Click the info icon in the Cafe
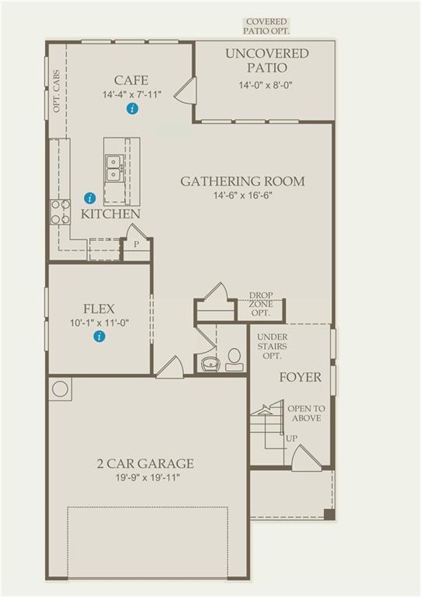click(x=132, y=109)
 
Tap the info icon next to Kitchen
click(x=90, y=198)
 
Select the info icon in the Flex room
click(x=99, y=337)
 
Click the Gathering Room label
click(x=242, y=181)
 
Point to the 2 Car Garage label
click(x=146, y=463)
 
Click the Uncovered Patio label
click(x=267, y=60)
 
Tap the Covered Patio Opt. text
click(x=266, y=26)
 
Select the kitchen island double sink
click(x=113, y=168)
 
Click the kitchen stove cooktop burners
click(x=61, y=211)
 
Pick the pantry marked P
click(x=137, y=244)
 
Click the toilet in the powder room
click(x=235, y=359)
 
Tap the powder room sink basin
click(x=210, y=363)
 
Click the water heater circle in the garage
click(x=60, y=389)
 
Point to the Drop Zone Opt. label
click(x=261, y=304)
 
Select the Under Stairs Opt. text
click(x=273, y=347)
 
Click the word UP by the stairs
click(x=292, y=438)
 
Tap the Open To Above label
click(x=306, y=414)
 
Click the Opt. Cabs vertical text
click(x=57, y=91)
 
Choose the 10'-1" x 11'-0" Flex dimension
click(x=99, y=323)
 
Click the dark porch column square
click(x=329, y=515)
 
